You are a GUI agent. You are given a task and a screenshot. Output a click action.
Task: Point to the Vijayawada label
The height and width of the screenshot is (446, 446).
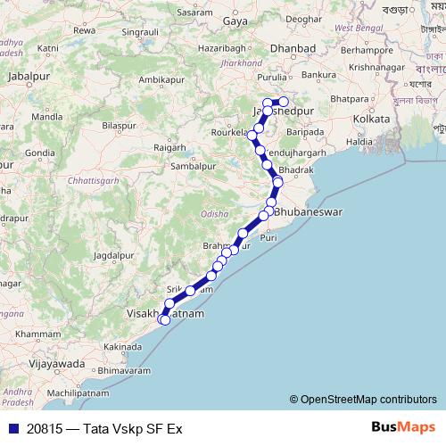pyautogui.click(x=56, y=364)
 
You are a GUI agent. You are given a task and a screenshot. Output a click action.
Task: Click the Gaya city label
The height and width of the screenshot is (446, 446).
pyautogui.click(x=235, y=20)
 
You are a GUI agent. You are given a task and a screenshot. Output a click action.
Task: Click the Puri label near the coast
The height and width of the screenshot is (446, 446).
pyautogui.click(x=268, y=237)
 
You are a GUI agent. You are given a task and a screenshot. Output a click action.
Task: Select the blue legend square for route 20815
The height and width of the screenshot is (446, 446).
pyautogui.click(x=11, y=428)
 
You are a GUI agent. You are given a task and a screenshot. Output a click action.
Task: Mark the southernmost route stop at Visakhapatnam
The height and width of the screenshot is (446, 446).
pyautogui.click(x=164, y=320)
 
